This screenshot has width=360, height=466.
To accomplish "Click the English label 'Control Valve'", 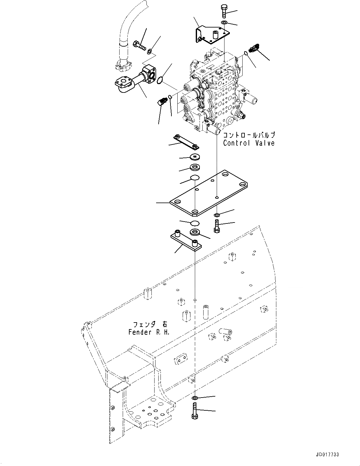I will (249, 143).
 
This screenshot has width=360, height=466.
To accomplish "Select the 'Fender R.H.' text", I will (149, 332).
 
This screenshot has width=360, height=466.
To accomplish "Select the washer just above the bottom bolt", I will (194, 398).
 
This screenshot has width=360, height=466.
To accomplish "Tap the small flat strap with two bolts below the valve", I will (187, 142).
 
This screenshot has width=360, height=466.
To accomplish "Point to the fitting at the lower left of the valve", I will (162, 102).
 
